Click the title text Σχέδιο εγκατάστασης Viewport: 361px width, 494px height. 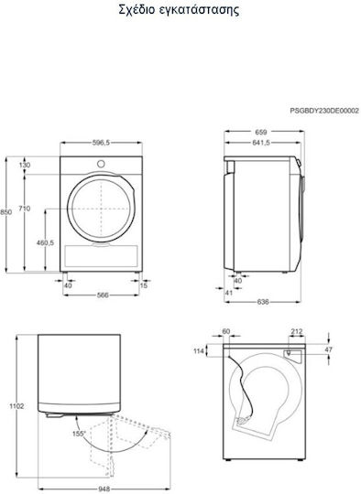[179, 9]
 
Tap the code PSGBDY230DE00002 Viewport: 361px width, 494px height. [324, 111]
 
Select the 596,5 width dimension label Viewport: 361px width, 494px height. [101, 143]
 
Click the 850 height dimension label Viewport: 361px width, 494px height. [6, 212]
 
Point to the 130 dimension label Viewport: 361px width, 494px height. [25, 165]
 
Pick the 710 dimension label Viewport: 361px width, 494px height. [25, 209]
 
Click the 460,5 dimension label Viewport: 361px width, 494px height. [46, 242]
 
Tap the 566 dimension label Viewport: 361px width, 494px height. [103, 295]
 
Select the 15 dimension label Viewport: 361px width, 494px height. [144, 285]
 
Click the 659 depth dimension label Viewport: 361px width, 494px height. [261, 132]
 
